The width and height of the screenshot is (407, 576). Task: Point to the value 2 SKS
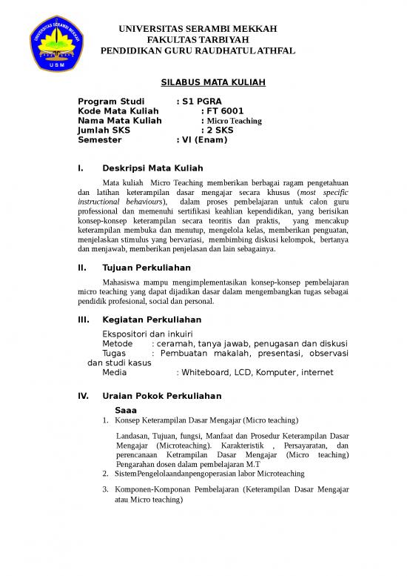220,130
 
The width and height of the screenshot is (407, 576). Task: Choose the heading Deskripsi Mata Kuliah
152,168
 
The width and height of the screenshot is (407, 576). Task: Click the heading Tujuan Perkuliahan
147,267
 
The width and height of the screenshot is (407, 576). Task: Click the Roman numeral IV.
84,396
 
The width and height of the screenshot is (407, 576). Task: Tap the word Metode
117,344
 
